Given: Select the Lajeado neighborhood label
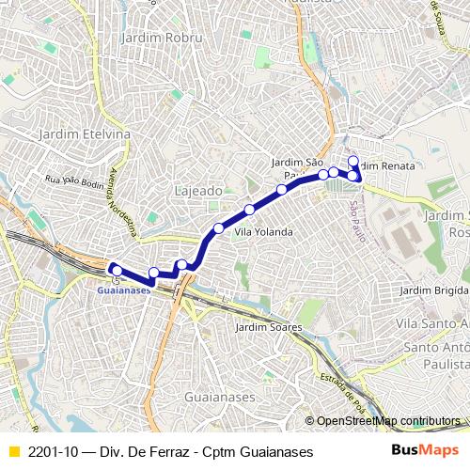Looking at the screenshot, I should tap(198, 191).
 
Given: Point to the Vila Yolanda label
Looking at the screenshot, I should tap(263, 231).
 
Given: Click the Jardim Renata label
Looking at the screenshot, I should tap(386, 165).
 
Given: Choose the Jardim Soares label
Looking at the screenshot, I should tap(269, 327).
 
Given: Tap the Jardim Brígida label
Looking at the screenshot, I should tap(433, 290).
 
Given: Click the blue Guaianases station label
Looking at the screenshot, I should tap(123, 290).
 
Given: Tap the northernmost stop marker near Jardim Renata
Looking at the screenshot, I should tap(353, 161).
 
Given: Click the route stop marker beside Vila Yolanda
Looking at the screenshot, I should tap(219, 228).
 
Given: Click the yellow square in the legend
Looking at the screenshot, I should tap(13, 451).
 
